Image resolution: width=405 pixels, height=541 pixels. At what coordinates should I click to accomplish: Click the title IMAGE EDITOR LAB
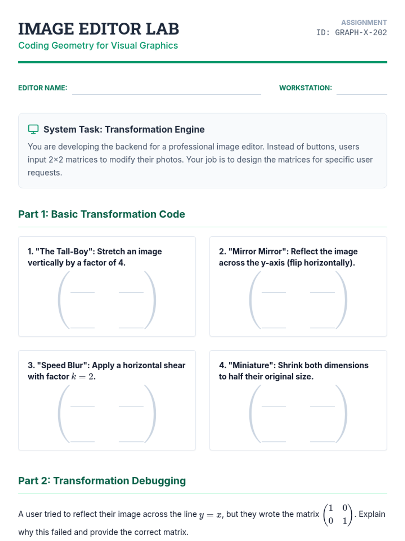pos(99,29)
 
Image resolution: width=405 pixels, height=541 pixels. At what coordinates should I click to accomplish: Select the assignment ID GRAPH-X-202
pos(361,32)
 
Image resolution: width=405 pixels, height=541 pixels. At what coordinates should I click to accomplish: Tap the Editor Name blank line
pos(166,94)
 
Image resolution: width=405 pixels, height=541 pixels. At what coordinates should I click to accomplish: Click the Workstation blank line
pos(361,94)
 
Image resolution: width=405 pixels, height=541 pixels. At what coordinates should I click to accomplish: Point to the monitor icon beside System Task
pos(33,129)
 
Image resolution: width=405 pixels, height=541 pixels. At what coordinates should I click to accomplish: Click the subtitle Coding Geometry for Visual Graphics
pos(98,46)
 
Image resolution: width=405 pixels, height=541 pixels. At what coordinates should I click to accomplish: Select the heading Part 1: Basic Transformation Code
pos(102,214)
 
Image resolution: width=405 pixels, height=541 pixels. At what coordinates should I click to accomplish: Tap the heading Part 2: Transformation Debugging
pos(102,480)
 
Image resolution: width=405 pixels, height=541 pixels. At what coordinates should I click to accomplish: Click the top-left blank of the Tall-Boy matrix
pos(82,292)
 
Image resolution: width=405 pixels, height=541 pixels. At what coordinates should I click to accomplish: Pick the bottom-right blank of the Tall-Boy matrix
pos(131,328)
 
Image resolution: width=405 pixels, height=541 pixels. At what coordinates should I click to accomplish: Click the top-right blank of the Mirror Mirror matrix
pos(322,292)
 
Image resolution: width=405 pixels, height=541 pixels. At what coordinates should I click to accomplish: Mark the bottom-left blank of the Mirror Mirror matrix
pos(273,328)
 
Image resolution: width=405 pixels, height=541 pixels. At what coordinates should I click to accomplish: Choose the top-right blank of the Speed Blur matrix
pos(131,406)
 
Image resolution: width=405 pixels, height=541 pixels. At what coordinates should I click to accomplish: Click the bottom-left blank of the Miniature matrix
pos(273,442)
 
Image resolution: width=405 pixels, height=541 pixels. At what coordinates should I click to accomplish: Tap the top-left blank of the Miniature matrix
pos(273,406)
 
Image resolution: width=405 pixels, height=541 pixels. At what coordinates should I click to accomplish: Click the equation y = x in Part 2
pos(210,515)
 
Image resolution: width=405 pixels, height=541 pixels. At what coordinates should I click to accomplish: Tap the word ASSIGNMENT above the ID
pos(364,22)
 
